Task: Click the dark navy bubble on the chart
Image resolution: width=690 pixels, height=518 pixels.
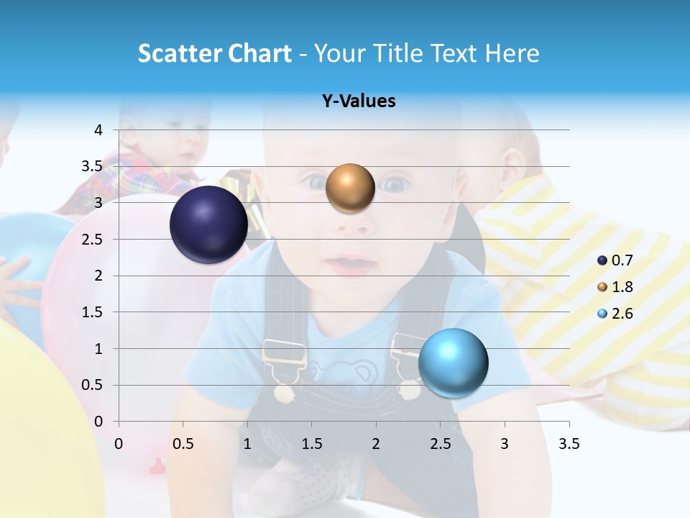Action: coord(209,224)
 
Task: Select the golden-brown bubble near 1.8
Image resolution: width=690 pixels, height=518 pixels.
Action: coord(350,188)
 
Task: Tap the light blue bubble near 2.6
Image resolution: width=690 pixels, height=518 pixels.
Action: coord(454,363)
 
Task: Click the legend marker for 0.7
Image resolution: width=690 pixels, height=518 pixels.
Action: coord(602,260)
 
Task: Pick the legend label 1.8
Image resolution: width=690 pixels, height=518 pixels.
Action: coord(622,287)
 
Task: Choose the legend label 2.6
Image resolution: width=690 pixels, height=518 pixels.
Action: coord(622,314)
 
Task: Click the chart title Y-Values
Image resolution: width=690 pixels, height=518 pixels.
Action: coord(359,101)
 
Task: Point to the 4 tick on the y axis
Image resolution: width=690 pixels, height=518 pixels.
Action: coord(98,130)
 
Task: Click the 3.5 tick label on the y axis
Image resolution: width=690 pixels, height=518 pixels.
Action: coord(93,166)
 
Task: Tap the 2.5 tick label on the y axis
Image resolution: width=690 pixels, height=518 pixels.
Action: coord(93,239)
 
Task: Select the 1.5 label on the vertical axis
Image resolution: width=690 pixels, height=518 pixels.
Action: coord(93,312)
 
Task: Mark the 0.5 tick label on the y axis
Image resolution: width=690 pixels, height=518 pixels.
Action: coord(93,385)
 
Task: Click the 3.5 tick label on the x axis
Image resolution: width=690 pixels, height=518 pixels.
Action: coord(569,444)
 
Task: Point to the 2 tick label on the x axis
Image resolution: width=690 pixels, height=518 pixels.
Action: coord(376,444)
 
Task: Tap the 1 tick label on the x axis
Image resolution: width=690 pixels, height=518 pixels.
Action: coord(247,444)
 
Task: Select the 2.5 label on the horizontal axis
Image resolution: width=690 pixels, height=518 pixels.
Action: coord(440,444)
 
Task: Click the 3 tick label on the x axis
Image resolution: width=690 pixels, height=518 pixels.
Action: coord(505,444)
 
